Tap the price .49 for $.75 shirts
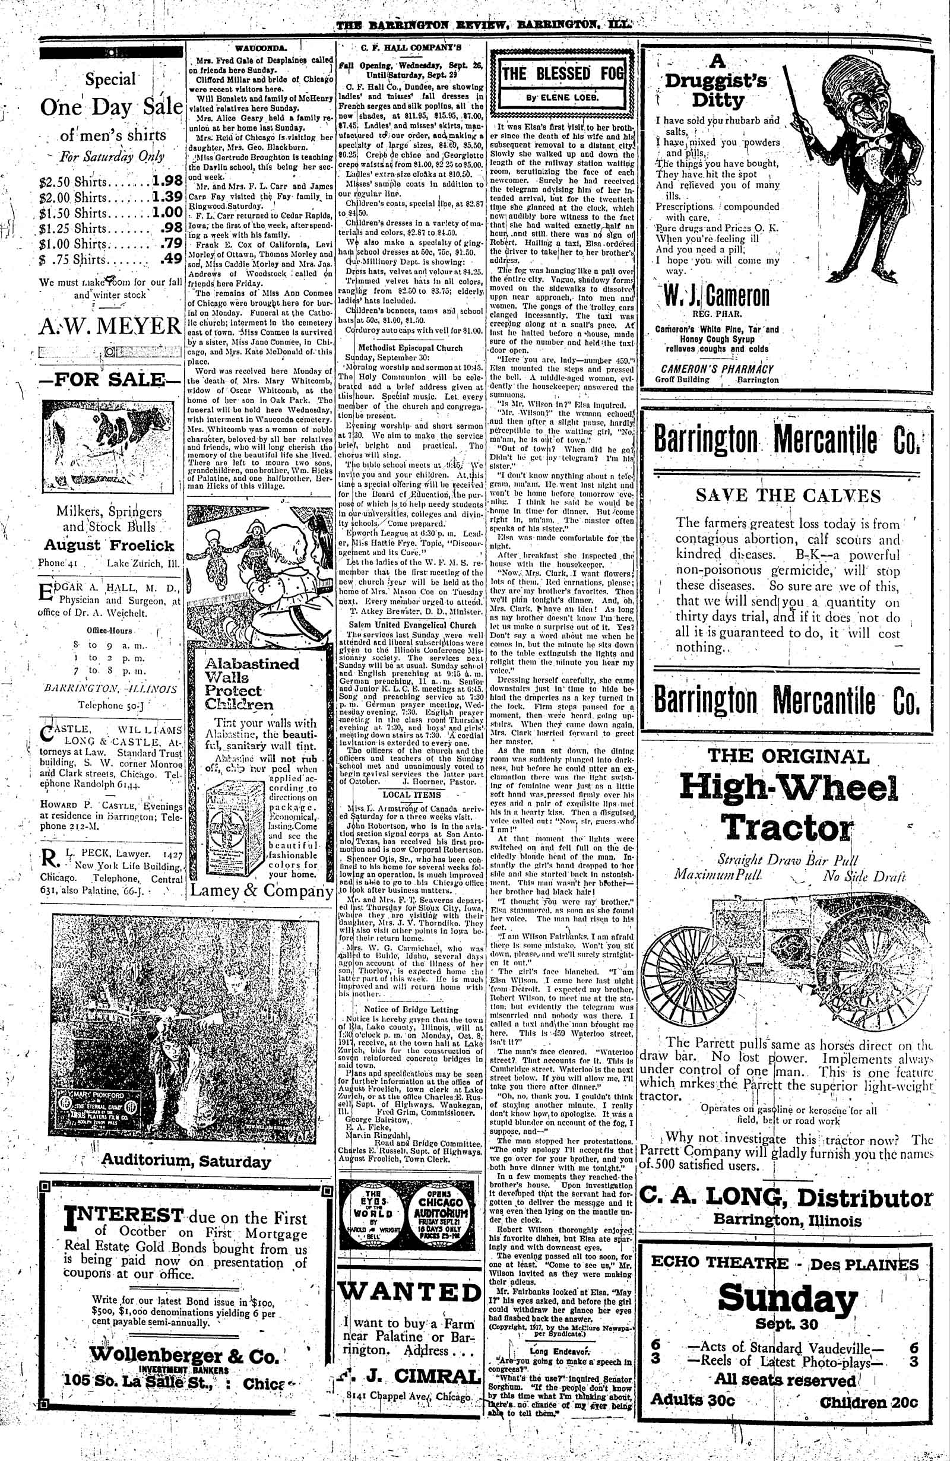tap(169, 258)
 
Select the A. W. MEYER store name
tap(110, 325)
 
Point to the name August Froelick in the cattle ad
tap(109, 545)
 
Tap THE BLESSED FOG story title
tap(562, 74)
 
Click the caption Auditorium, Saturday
tap(185, 1161)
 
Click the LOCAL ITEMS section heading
tap(408, 794)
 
